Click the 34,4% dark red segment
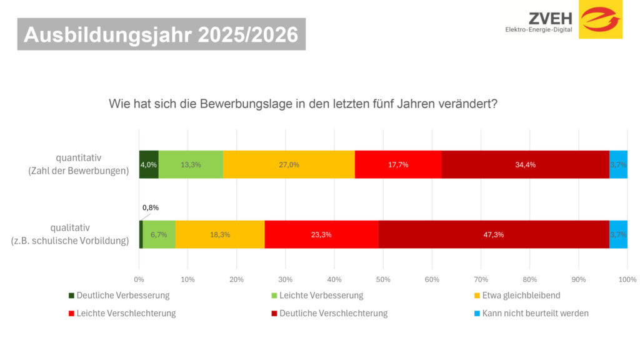(525, 164)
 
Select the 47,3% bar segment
(494, 234)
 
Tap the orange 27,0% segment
(289, 164)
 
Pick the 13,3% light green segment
(191, 164)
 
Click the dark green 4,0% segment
(149, 164)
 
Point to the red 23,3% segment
(321, 234)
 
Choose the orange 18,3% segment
(220, 234)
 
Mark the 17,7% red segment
(398, 164)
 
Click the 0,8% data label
(151, 207)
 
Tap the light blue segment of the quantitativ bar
(618, 164)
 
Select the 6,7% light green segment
(159, 234)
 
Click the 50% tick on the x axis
(383, 279)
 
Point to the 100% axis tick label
(627, 279)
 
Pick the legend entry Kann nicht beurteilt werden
(531, 313)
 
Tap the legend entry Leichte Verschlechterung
(126, 313)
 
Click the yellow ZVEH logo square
(601, 19)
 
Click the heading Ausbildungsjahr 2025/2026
(161, 36)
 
